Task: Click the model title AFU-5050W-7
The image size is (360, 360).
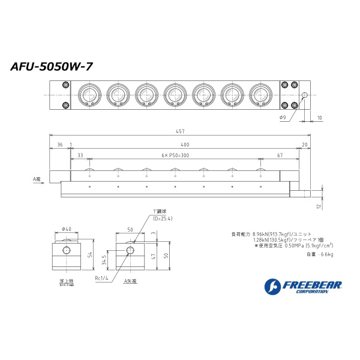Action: (x=52, y=67)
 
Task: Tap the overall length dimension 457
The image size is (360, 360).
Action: (x=180, y=131)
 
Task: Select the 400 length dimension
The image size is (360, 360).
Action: (x=184, y=145)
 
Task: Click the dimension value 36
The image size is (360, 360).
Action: (x=59, y=145)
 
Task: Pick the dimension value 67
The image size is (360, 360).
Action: (x=280, y=155)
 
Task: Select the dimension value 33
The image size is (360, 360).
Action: (x=80, y=155)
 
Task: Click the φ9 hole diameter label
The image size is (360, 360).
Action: (x=283, y=118)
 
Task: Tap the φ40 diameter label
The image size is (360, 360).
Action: (x=67, y=229)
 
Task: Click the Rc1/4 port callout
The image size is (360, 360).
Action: (x=101, y=278)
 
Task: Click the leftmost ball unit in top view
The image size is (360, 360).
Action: (x=89, y=95)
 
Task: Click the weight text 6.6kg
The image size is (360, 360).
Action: (x=319, y=255)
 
